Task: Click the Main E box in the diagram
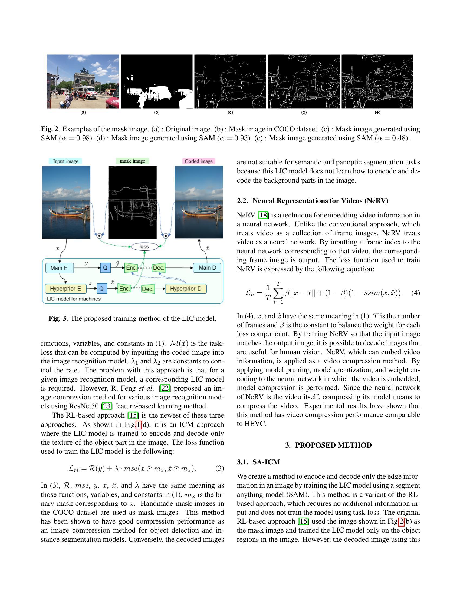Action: coord(59,268)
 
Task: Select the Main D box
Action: coord(207,268)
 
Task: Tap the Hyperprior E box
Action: coord(65,289)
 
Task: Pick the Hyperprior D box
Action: coord(186,289)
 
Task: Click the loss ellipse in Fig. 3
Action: coord(144,247)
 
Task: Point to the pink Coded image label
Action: coord(198,161)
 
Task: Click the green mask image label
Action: coord(132,161)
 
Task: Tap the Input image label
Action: coord(65,161)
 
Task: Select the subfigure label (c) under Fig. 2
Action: coord(230,112)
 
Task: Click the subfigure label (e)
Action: coord(377,112)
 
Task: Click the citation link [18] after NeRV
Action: coord(263,215)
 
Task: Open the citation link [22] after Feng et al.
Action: coord(165,388)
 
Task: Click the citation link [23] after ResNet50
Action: coord(107,406)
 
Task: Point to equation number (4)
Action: coord(416,293)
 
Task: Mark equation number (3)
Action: coord(220,468)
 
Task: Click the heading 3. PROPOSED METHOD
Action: coord(328,445)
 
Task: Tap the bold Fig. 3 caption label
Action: coord(57,319)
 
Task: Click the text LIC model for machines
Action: coord(74,299)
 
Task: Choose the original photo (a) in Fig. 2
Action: coord(83,81)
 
